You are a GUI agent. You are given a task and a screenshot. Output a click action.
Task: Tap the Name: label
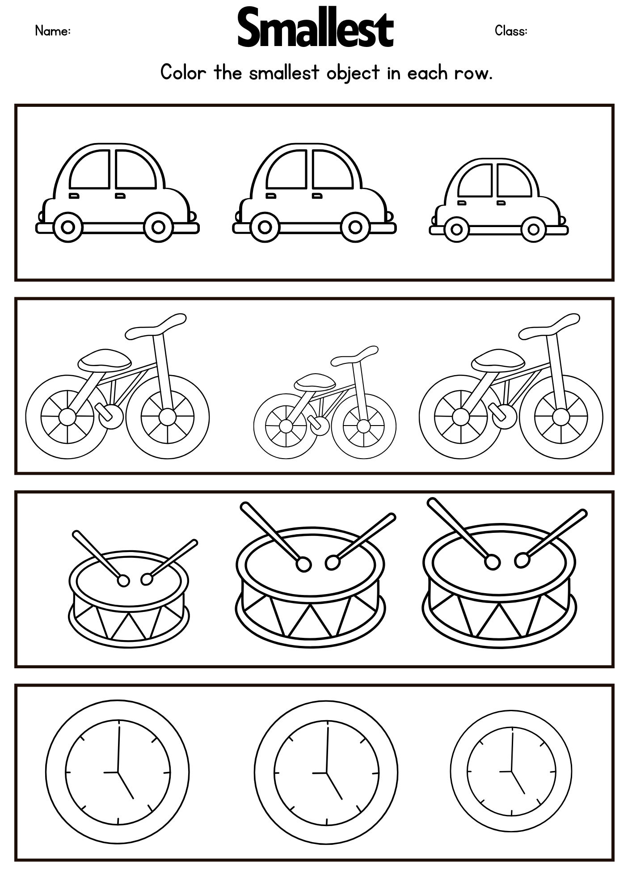53,31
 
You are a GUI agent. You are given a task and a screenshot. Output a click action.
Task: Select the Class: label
511,31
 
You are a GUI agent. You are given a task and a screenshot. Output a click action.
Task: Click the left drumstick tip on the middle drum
303,565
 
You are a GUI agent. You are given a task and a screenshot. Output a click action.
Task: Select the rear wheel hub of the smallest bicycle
285,425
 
